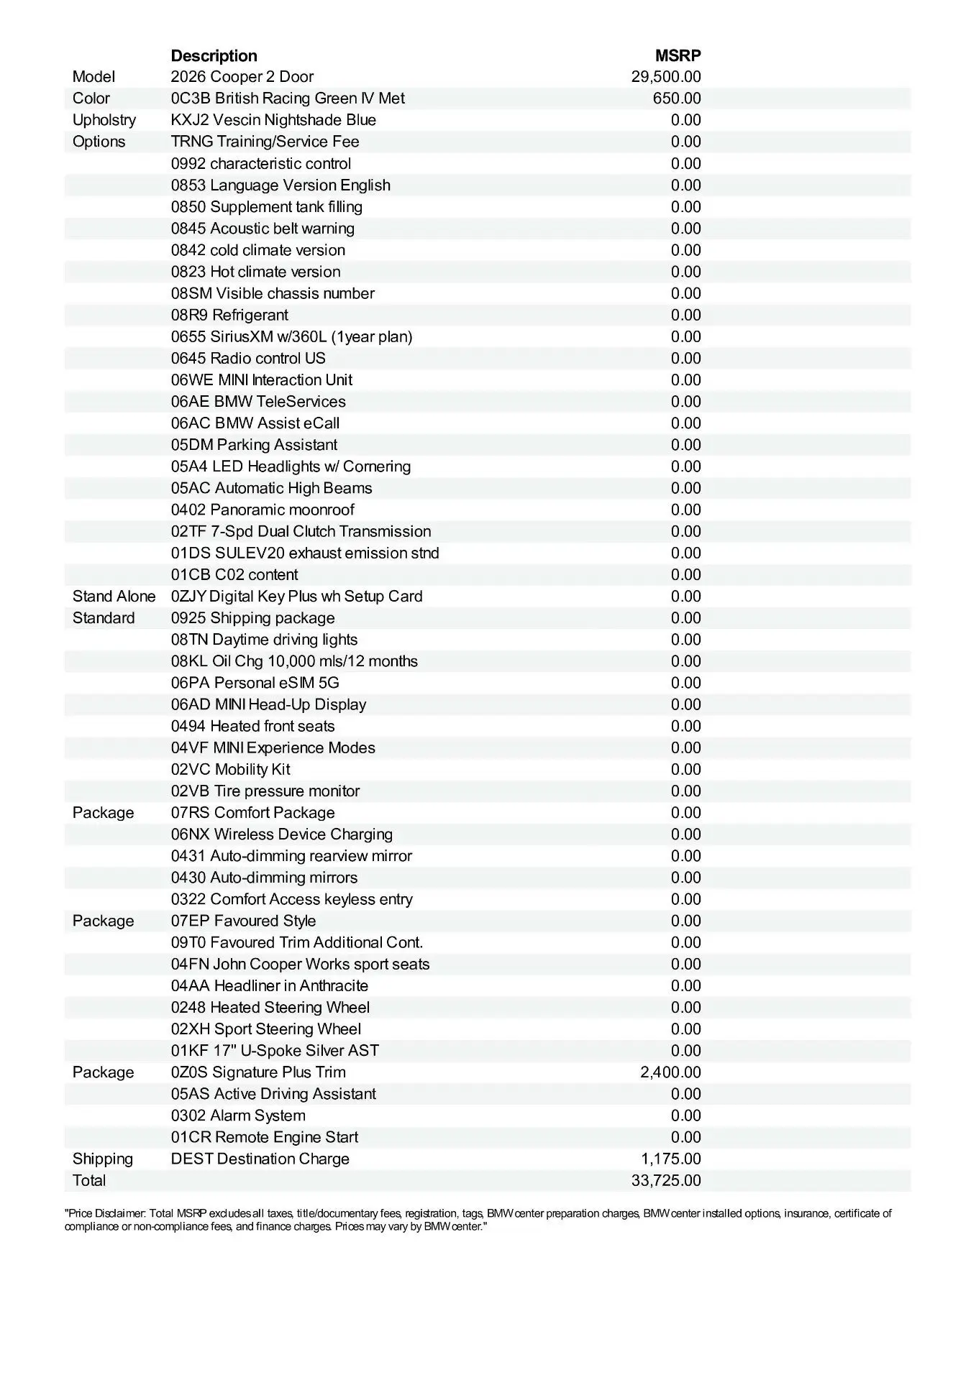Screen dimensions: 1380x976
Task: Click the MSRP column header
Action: (x=678, y=56)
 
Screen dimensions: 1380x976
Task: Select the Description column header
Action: (x=214, y=56)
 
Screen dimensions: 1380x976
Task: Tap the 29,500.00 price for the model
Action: (x=666, y=77)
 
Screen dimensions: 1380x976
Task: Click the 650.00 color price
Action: (x=677, y=98)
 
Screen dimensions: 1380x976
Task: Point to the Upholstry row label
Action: (x=104, y=120)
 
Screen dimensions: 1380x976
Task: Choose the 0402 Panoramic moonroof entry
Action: (x=263, y=510)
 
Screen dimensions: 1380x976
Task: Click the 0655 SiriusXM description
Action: (x=291, y=336)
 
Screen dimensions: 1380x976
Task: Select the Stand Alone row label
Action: (x=114, y=597)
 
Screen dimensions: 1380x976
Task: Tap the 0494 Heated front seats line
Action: (x=252, y=726)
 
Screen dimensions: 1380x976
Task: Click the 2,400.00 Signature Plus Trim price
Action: (x=670, y=1072)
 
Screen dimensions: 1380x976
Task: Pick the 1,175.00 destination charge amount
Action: (x=671, y=1159)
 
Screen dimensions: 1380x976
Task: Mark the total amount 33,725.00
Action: (x=666, y=1180)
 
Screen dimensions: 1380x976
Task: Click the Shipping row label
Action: (x=102, y=1159)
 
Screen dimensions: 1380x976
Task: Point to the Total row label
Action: (x=89, y=1180)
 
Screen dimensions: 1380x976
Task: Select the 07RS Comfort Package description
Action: (x=252, y=813)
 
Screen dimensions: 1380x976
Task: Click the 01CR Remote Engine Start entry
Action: (x=264, y=1137)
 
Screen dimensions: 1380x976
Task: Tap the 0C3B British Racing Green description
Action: (x=288, y=98)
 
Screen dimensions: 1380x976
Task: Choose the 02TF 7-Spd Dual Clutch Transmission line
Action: (x=301, y=531)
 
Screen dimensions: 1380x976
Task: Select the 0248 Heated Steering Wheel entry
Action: (x=270, y=1008)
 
